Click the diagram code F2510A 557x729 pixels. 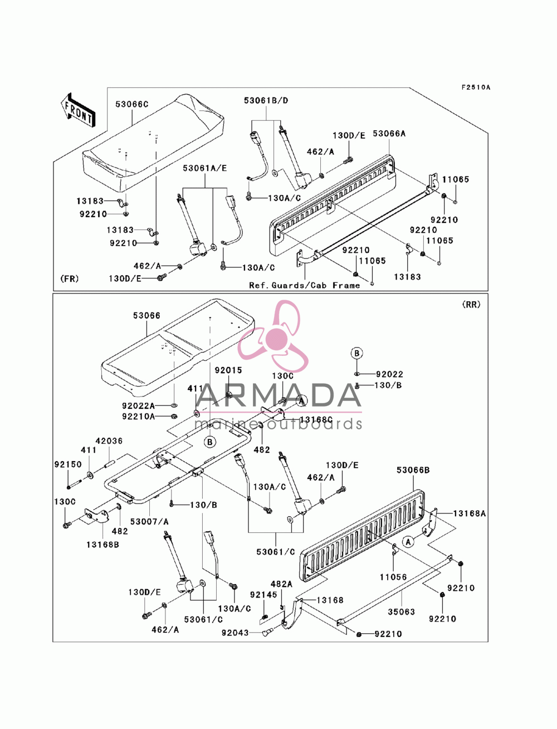(475, 87)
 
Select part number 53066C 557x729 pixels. (132, 104)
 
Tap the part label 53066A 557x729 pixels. (389, 134)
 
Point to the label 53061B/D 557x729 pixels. (266, 100)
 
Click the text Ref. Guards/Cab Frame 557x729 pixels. (304, 285)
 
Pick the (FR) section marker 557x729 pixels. (70, 278)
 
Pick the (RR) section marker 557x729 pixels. (471, 305)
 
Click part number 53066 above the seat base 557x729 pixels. (146, 315)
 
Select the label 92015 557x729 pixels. (228, 370)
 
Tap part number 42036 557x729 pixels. (109, 441)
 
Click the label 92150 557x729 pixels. (68, 464)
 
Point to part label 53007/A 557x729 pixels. (149, 522)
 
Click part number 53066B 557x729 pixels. (413, 470)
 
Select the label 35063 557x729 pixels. (401, 611)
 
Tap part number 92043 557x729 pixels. (235, 633)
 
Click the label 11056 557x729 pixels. (393, 577)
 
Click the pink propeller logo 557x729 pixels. (272, 336)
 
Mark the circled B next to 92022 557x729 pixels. (356, 353)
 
